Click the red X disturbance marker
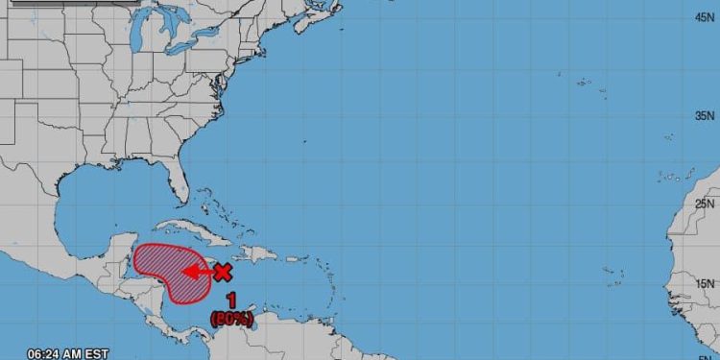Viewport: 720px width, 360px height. pyautogui.click(x=223, y=272)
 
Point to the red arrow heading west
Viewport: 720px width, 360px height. pyautogui.click(x=197, y=272)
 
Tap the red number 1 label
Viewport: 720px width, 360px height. pyautogui.click(x=231, y=302)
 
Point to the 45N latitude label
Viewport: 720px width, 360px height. pyautogui.click(x=703, y=16)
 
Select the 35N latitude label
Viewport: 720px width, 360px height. pyautogui.click(x=703, y=114)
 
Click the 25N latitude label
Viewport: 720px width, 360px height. pyautogui.click(x=703, y=203)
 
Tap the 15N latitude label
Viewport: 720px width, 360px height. pyautogui.click(x=703, y=283)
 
